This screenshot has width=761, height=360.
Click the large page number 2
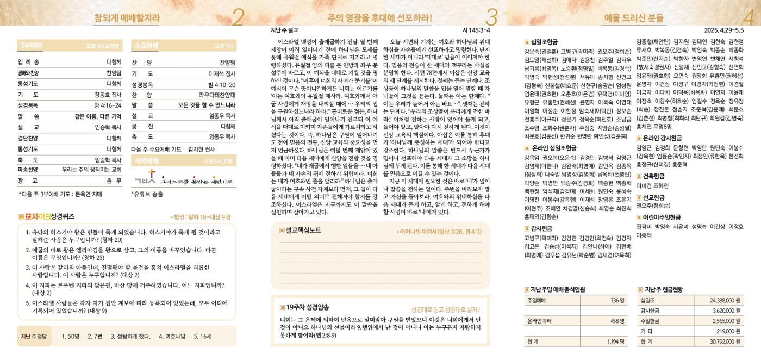[x=238, y=17]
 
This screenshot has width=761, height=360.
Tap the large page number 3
[x=491, y=17]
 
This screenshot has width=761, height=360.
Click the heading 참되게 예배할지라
[x=127, y=18]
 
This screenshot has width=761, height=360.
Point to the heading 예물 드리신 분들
[x=634, y=18]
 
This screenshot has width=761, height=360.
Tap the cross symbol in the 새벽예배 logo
[x=152, y=175]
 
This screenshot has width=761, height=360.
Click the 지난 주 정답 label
[x=34, y=336]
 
